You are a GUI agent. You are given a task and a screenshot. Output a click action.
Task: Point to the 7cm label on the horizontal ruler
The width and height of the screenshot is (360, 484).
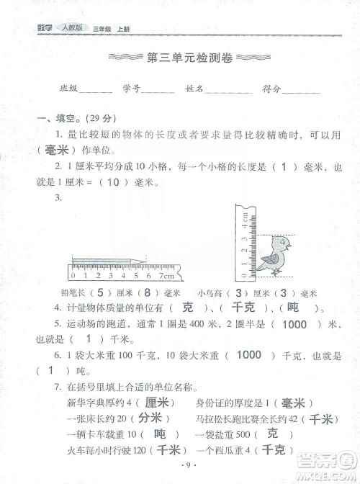(x=166, y=275)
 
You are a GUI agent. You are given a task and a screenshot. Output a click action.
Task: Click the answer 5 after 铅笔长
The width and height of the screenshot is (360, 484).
(x=100, y=292)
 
